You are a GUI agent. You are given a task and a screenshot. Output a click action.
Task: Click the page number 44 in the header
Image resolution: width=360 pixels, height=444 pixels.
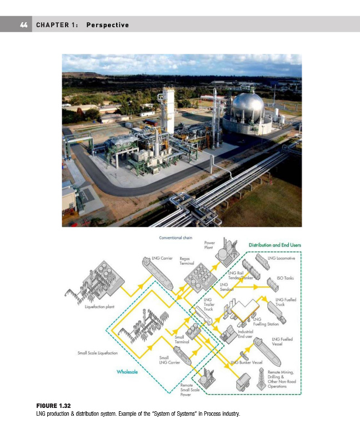click(x=23, y=25)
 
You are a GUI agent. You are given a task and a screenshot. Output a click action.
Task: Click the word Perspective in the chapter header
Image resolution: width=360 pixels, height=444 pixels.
click(x=108, y=25)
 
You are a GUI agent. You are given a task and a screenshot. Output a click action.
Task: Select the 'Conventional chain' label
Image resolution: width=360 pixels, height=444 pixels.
click(x=176, y=238)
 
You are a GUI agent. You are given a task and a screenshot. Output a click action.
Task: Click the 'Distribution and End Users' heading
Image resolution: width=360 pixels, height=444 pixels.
click(x=274, y=245)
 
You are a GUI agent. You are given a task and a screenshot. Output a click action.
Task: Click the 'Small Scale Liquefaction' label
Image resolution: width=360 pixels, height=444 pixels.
click(x=97, y=353)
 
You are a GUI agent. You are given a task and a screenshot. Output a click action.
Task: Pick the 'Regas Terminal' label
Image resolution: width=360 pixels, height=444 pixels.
click(x=187, y=261)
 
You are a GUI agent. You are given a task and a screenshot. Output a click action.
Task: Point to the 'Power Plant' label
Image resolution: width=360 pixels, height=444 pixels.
click(x=209, y=245)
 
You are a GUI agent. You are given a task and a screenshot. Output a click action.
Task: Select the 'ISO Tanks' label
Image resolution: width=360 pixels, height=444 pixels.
click(x=285, y=278)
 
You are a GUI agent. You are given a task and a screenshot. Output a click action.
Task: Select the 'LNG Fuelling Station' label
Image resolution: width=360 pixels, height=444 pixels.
click(x=266, y=321)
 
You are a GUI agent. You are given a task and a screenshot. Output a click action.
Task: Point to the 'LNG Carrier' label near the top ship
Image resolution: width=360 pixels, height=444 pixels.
click(x=162, y=259)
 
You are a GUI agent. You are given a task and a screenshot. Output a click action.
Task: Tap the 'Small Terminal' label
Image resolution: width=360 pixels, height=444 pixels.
click(x=182, y=340)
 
